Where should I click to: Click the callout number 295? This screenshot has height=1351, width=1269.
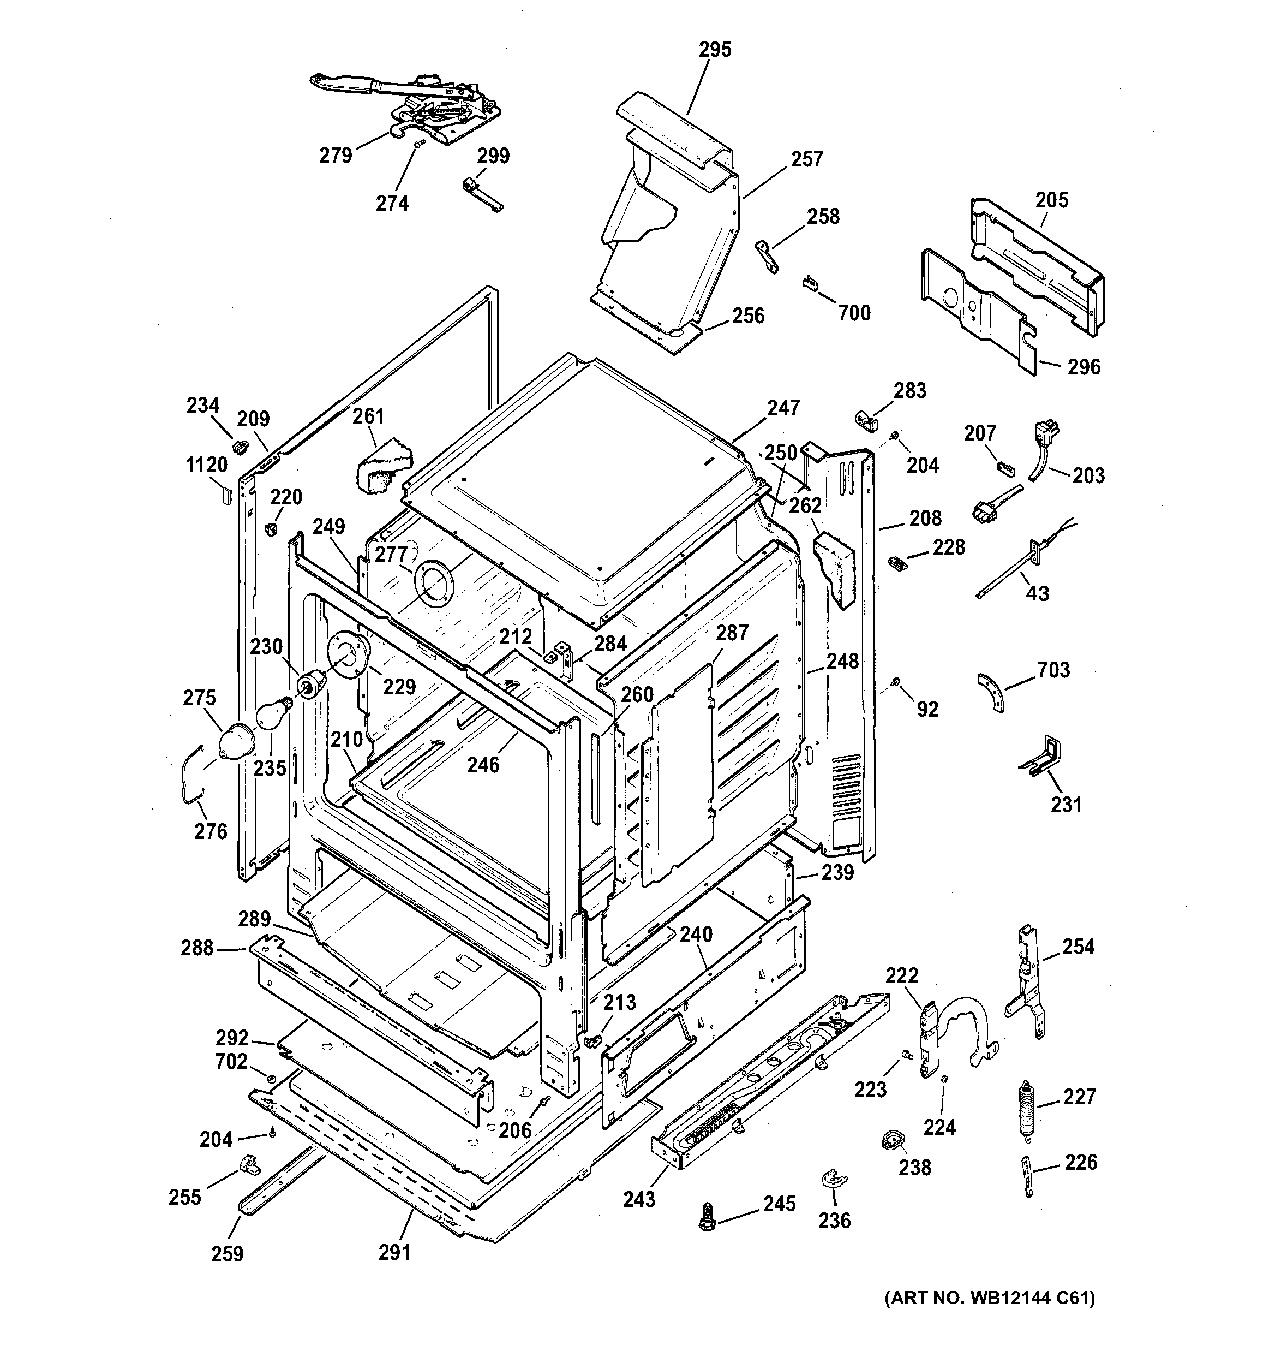715,50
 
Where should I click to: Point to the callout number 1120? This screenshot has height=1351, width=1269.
207,466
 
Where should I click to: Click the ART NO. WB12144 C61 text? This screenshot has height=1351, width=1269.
989,1299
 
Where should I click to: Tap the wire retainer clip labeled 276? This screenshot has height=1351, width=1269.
190,771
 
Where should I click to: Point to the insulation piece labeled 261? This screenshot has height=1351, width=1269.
383,466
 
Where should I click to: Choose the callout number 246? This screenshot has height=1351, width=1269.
483,765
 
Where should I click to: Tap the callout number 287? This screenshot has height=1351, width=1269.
732,633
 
